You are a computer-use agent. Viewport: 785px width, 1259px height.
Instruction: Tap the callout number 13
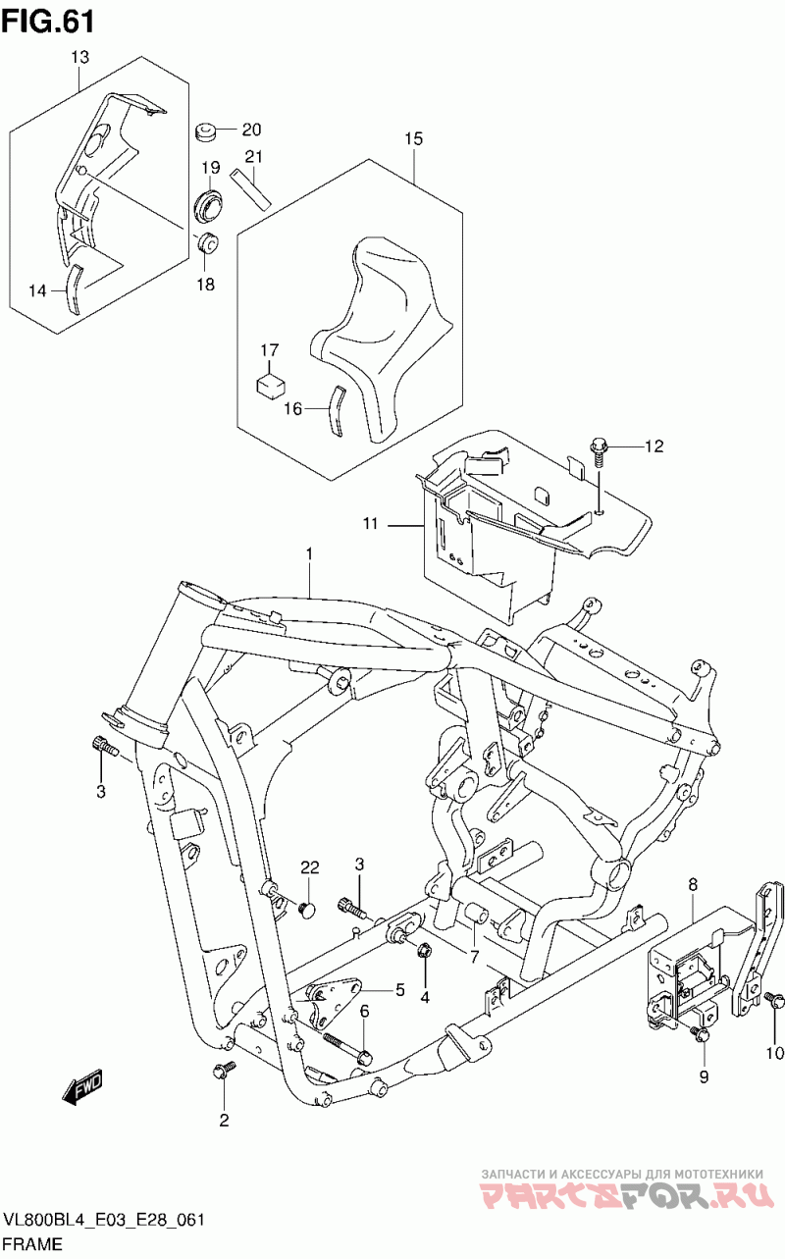click(79, 58)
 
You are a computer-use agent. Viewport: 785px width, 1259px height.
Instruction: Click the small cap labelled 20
click(206, 131)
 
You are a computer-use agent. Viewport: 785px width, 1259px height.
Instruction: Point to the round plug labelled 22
click(307, 910)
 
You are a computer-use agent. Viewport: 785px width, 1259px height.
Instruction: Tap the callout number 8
click(692, 885)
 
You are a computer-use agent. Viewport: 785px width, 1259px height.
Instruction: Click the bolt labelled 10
click(773, 1000)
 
